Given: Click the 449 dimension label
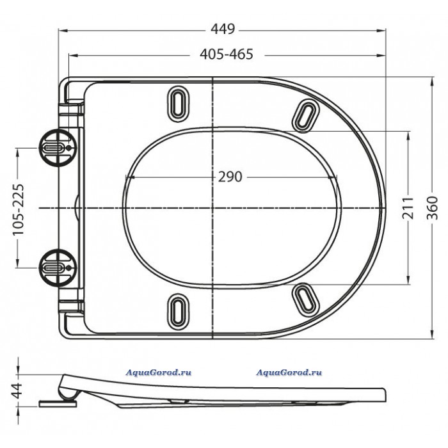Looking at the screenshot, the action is click(223, 29).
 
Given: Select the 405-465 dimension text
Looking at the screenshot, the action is click(227, 54).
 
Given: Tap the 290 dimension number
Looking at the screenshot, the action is click(230, 177).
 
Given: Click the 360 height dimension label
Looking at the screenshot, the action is click(432, 208).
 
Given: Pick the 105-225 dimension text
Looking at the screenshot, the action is click(19, 209).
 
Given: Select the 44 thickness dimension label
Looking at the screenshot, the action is click(18, 390).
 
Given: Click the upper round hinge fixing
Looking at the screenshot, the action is click(58, 148).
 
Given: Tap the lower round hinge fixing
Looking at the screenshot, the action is click(58, 268).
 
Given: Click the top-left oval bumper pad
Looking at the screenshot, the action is click(179, 104).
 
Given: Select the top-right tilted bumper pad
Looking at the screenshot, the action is click(305, 116).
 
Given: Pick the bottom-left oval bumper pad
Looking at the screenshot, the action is click(179, 312).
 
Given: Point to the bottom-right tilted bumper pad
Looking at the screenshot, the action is click(305, 300).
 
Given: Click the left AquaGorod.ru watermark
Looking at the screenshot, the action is click(159, 372).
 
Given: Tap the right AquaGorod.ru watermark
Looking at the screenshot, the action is click(289, 372).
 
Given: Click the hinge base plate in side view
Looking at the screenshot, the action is click(58, 404).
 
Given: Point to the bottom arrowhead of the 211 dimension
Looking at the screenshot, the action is click(408, 280).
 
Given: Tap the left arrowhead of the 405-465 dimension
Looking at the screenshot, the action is click(74, 56).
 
